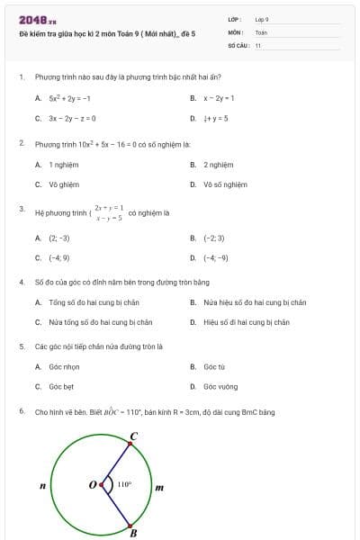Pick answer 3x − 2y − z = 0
coord(72,118)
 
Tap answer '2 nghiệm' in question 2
coord(218,165)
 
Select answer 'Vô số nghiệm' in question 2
coord(225,184)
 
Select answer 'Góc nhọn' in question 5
coord(63,367)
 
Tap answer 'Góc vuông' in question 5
coord(220,387)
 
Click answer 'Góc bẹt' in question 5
coord(61,387)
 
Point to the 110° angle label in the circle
coord(124,484)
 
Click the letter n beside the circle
coord(42,487)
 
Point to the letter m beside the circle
coord(160,488)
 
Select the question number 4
coord(21,282)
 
